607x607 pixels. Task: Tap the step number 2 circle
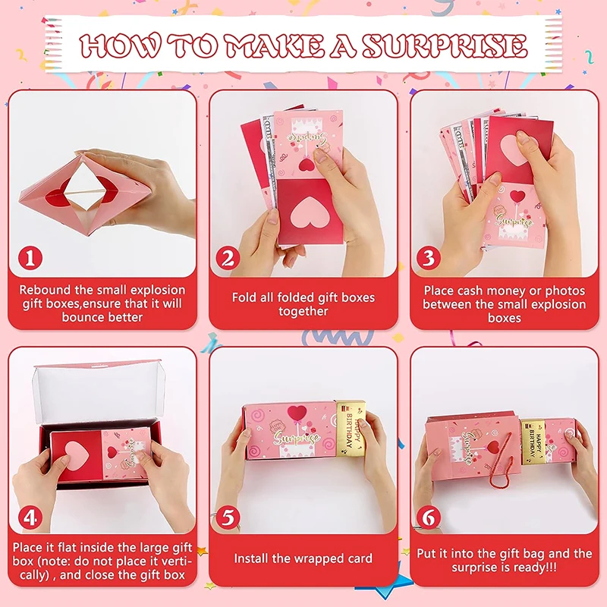(x=228, y=258)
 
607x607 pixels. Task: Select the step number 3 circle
(x=429, y=258)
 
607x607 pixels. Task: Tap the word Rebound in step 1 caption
(x=45, y=290)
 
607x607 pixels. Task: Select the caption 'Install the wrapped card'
(x=303, y=558)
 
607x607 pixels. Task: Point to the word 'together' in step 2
(x=303, y=311)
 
